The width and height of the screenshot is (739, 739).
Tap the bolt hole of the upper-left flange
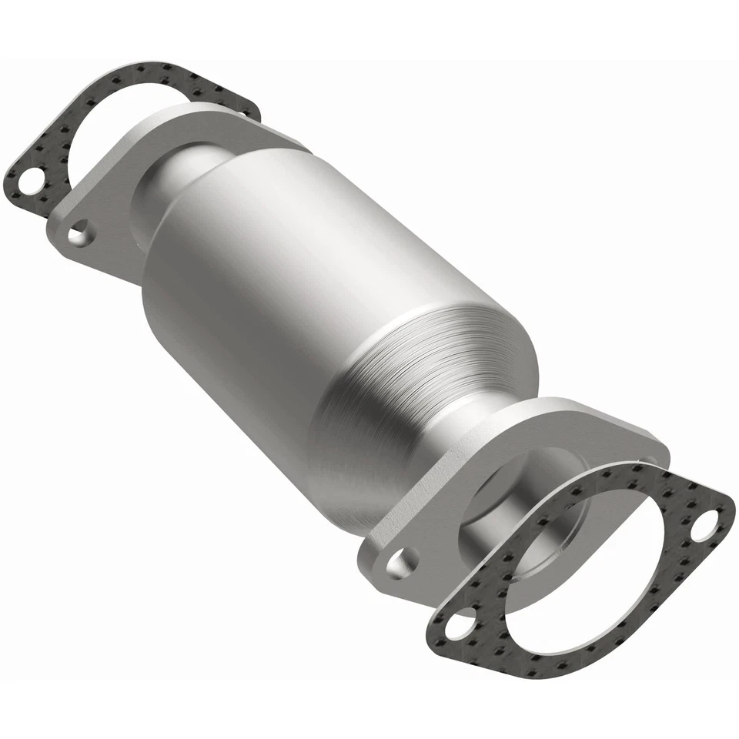(x=79, y=232)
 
